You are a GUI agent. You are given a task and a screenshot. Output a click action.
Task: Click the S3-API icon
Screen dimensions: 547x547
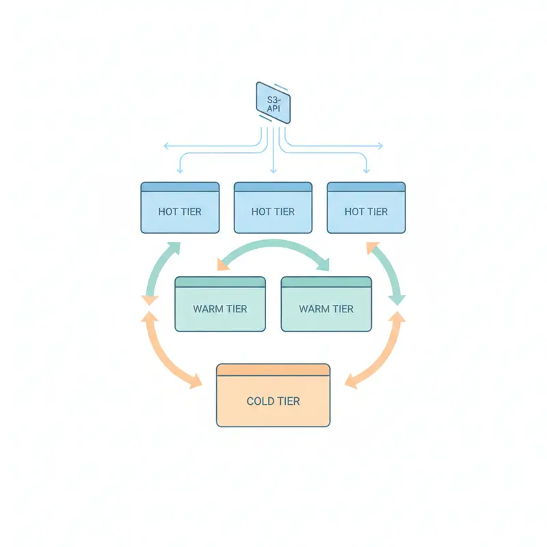[x=273, y=103]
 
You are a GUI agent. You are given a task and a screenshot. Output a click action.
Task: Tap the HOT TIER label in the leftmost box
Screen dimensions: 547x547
[x=180, y=212]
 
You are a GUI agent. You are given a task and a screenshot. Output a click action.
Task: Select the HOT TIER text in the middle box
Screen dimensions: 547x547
[x=273, y=212]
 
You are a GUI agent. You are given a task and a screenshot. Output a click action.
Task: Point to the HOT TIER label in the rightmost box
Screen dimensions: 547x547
[x=366, y=212]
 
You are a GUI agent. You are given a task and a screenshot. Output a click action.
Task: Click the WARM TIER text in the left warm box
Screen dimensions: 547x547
[x=220, y=309]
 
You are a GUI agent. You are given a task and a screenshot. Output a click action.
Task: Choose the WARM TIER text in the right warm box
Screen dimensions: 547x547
[x=326, y=309]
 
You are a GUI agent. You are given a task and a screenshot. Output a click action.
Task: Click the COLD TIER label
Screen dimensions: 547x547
[x=273, y=401]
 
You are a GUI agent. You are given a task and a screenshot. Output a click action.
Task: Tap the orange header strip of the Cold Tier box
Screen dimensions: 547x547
[x=273, y=370]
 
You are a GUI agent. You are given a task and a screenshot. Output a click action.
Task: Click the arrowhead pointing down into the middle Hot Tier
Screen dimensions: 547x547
[x=273, y=169]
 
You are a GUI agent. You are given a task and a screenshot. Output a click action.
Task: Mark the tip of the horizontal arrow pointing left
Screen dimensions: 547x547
[x=164, y=146]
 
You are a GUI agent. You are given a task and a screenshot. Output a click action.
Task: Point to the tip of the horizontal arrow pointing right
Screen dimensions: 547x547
[x=382, y=146]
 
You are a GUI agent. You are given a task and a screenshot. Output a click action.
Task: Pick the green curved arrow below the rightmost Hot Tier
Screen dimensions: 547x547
[x=387, y=270]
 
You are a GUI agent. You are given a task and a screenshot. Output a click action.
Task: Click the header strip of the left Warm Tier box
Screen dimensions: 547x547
[x=220, y=282]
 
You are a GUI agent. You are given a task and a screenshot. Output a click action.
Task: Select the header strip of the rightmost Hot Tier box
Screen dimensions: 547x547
[x=366, y=187]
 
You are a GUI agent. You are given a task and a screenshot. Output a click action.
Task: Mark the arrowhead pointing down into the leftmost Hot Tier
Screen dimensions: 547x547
[x=180, y=169]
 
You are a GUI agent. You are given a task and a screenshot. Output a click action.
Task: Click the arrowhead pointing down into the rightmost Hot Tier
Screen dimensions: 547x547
[x=366, y=169]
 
